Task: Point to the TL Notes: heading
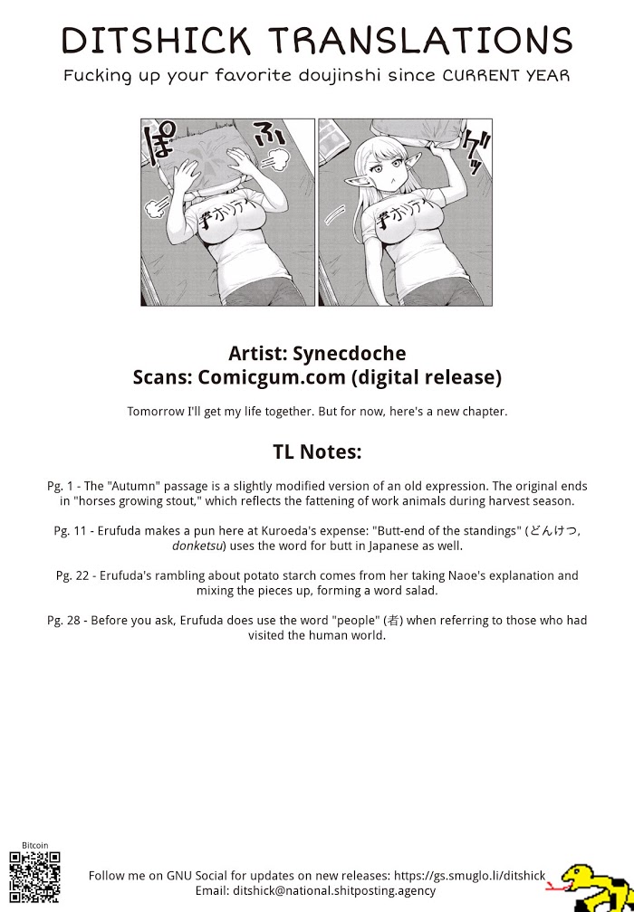click(316, 451)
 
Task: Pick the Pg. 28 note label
click(65, 620)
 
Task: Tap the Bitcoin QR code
click(34, 876)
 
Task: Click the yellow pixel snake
click(590, 885)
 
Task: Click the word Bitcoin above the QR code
click(34, 844)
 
